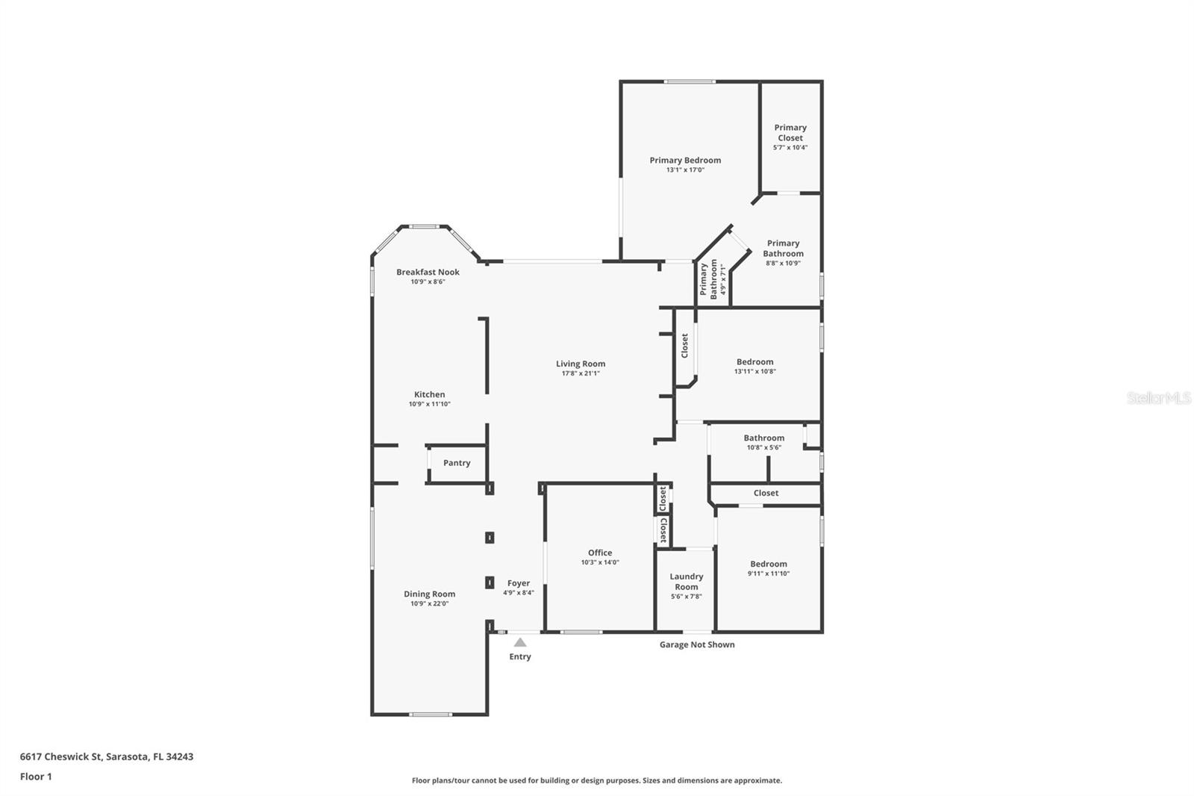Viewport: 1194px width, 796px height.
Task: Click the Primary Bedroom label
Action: (x=685, y=160)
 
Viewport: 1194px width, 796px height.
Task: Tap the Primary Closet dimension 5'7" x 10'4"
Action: (x=790, y=147)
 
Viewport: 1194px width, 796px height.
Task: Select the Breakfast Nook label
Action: (x=428, y=272)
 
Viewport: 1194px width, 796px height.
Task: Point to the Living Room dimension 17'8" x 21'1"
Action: (x=581, y=373)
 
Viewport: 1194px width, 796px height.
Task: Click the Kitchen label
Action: (x=429, y=394)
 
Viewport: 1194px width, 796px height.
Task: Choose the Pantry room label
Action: (x=457, y=463)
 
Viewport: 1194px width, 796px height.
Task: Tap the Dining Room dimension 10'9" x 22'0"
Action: (x=429, y=604)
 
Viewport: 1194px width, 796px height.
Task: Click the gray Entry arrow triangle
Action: (x=519, y=642)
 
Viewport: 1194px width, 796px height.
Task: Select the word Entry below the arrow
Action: (x=519, y=657)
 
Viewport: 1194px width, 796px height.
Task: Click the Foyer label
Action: (x=518, y=583)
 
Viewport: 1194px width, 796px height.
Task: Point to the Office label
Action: (x=600, y=553)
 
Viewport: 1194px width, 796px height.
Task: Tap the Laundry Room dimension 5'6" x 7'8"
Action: (x=686, y=597)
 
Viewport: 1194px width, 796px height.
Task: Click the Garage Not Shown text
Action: (x=697, y=644)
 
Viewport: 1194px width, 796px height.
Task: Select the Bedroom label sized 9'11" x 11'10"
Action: (x=768, y=564)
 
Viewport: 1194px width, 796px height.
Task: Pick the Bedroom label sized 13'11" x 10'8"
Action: (x=754, y=361)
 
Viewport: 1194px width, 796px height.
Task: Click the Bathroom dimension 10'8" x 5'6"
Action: (x=764, y=447)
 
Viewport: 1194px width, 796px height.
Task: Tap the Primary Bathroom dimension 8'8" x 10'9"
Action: (x=783, y=263)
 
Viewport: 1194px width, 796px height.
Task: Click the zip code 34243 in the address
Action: (x=180, y=756)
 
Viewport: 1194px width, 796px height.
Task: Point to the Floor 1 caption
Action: (x=36, y=777)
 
